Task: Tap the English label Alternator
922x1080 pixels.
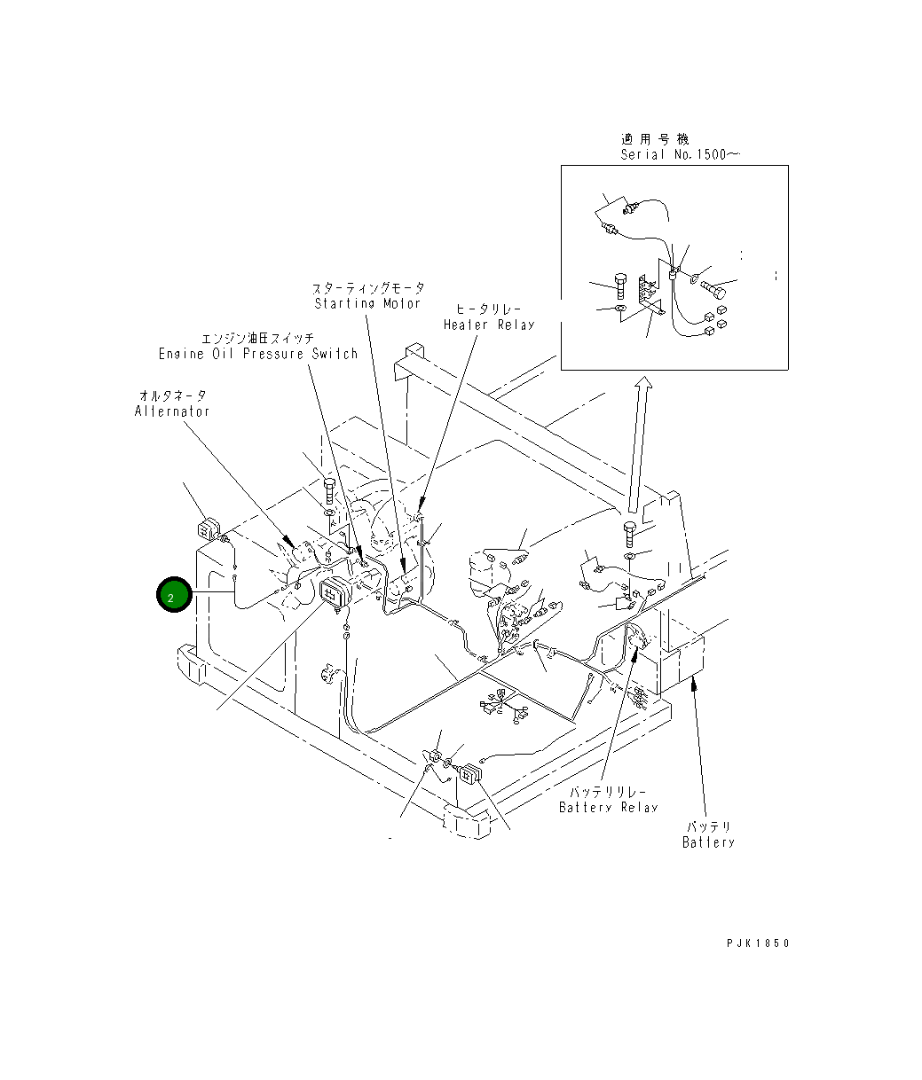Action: [x=172, y=411]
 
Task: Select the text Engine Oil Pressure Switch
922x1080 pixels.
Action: [x=257, y=354]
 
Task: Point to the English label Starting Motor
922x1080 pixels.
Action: [x=367, y=303]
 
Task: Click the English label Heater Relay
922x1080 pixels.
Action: [x=489, y=325]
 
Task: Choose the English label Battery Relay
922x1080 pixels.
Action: [x=608, y=807]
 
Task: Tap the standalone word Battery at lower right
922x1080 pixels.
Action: [x=708, y=842]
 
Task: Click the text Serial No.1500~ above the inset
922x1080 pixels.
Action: [x=680, y=154]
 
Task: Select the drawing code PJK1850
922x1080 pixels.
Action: [x=757, y=943]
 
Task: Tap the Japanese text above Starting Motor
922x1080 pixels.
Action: [x=367, y=288]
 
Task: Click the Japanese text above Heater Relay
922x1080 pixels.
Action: [x=489, y=309]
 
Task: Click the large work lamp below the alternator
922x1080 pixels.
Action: [x=335, y=592]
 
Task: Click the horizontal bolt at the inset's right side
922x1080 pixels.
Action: [x=715, y=289]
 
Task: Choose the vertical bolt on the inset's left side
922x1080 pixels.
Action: [x=621, y=286]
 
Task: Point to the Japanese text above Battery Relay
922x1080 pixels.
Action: [x=608, y=791]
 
